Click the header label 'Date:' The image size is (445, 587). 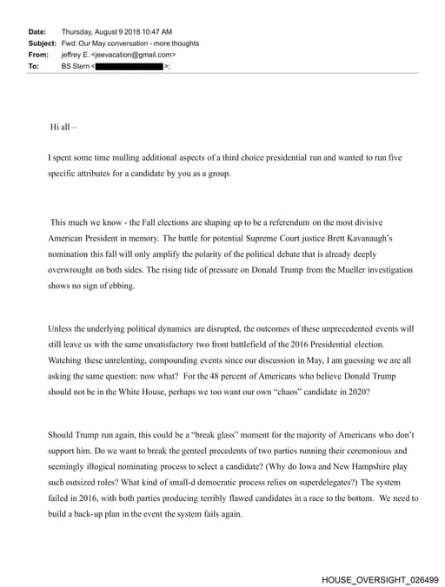[37, 31]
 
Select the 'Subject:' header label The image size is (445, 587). [42, 43]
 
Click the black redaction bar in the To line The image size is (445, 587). [130, 65]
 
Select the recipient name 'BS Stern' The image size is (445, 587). [76, 65]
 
